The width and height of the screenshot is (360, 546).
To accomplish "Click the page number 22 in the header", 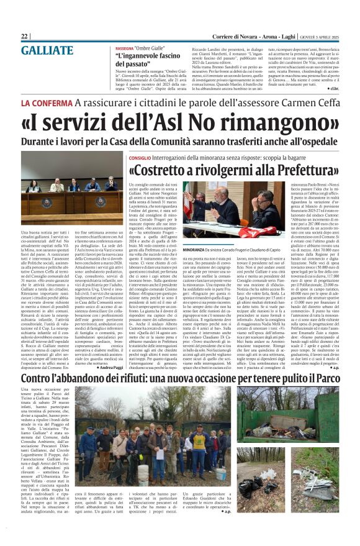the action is (x=24, y=37).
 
